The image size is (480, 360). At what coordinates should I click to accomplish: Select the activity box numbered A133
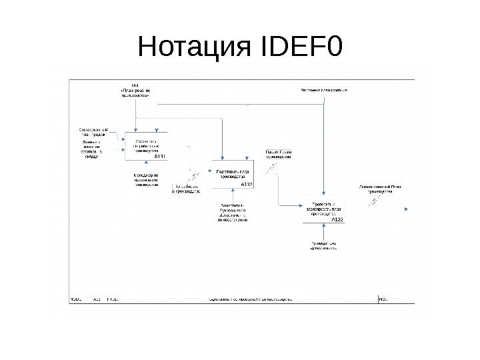(x=323, y=208)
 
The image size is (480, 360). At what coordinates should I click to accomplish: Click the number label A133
(x=337, y=218)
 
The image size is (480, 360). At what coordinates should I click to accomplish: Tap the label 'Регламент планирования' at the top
(x=329, y=89)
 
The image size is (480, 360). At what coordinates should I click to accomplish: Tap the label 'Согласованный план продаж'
(x=93, y=132)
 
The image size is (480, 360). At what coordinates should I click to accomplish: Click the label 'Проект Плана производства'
(x=279, y=154)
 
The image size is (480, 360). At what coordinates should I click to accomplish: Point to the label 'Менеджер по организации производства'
(x=142, y=181)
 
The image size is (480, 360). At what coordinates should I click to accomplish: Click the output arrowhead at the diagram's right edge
(x=408, y=207)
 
